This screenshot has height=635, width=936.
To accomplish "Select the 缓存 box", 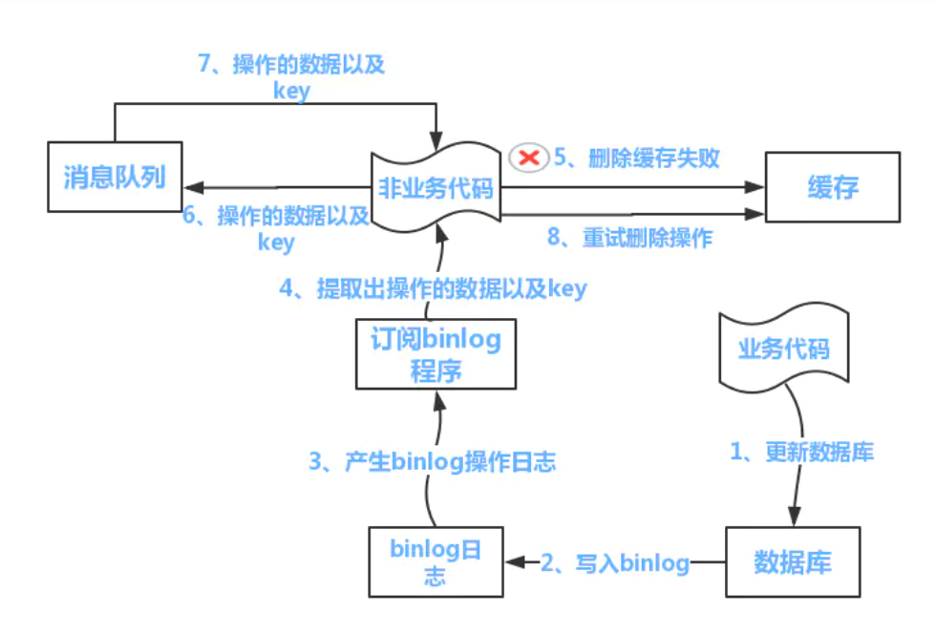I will click(832, 187).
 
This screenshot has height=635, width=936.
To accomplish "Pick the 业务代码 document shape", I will click(784, 349).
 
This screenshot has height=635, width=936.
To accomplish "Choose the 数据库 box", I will click(793, 561).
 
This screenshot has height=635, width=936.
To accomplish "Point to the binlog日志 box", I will click(436, 562).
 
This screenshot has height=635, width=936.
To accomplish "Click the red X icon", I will click(528, 157).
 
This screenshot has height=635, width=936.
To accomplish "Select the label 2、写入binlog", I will click(615, 563).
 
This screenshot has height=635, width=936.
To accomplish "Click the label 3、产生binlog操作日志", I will click(432, 463).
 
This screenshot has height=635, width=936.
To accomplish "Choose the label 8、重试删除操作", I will click(629, 238).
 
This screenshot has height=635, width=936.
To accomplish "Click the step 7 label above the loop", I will click(291, 76).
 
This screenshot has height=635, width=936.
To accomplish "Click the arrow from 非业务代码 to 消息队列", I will click(277, 187).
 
